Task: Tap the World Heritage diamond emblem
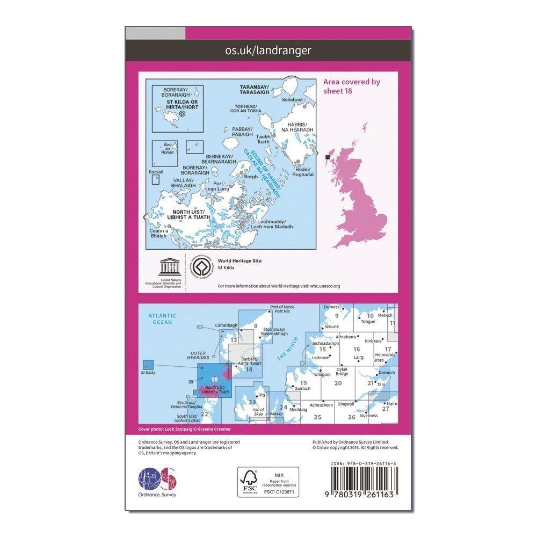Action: (x=200, y=266)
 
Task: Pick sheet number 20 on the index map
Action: (x=338, y=383)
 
